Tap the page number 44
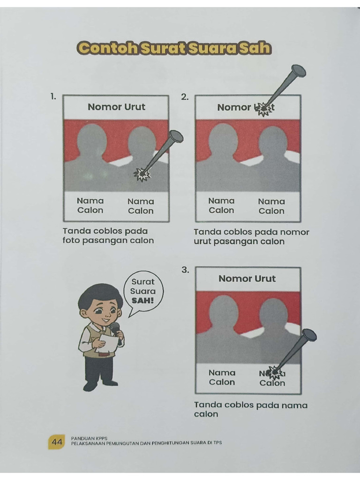click(57, 442)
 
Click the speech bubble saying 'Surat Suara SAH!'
click(142, 291)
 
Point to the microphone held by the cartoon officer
click(115, 327)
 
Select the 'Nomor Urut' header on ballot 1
click(116, 107)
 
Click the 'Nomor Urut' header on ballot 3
click(247, 279)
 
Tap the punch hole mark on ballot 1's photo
click(141, 174)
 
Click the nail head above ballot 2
click(298, 72)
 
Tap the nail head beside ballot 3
click(309, 335)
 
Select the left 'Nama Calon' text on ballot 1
click(90, 205)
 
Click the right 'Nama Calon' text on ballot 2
click(271, 206)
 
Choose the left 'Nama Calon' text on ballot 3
click(222, 377)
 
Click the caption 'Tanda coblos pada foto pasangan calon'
click(108, 236)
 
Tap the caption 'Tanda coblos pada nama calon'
click(250, 409)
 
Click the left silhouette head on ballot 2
click(223, 139)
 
